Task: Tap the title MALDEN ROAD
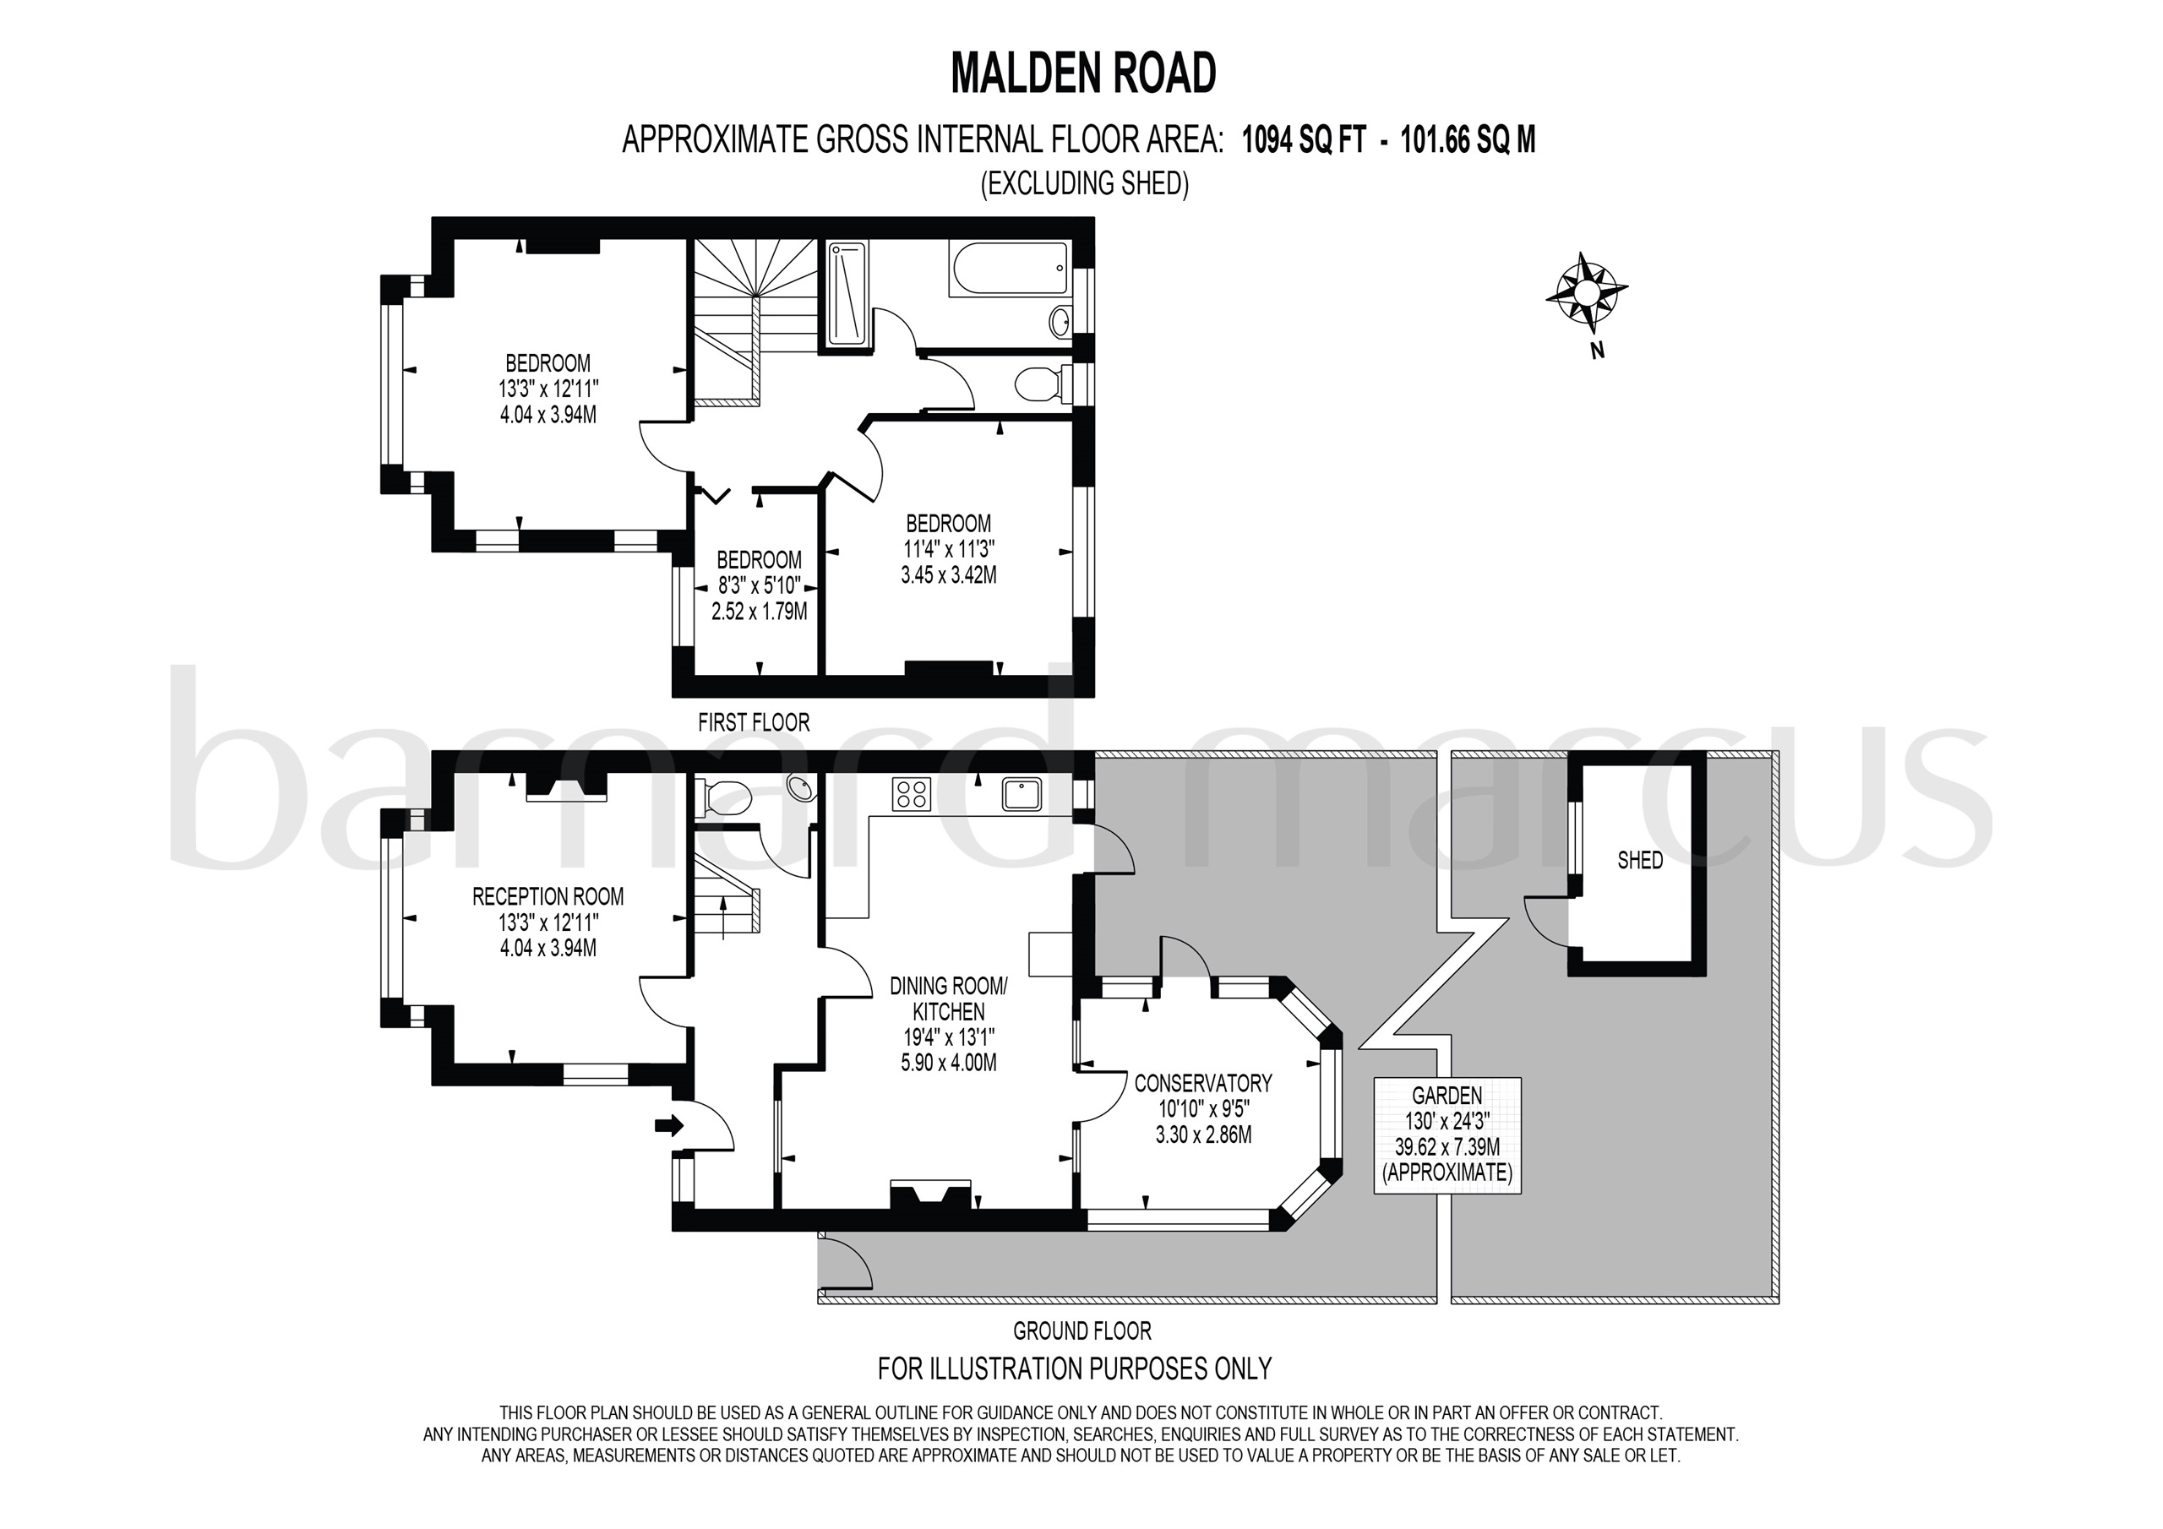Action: pyautogui.click(x=1082, y=73)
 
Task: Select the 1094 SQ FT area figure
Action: pyautogui.click(x=1303, y=140)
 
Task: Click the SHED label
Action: pyautogui.click(x=1639, y=860)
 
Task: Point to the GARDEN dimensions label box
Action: pyautogui.click(x=1447, y=1135)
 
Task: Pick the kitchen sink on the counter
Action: pyautogui.click(x=1022, y=794)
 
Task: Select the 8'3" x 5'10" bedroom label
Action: pyautogui.click(x=760, y=585)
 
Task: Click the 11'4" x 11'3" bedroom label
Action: pyautogui.click(x=949, y=548)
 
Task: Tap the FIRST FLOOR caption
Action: pyautogui.click(x=753, y=722)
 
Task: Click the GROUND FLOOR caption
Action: pyautogui.click(x=1081, y=1331)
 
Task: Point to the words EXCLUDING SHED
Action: pyautogui.click(x=1084, y=183)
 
